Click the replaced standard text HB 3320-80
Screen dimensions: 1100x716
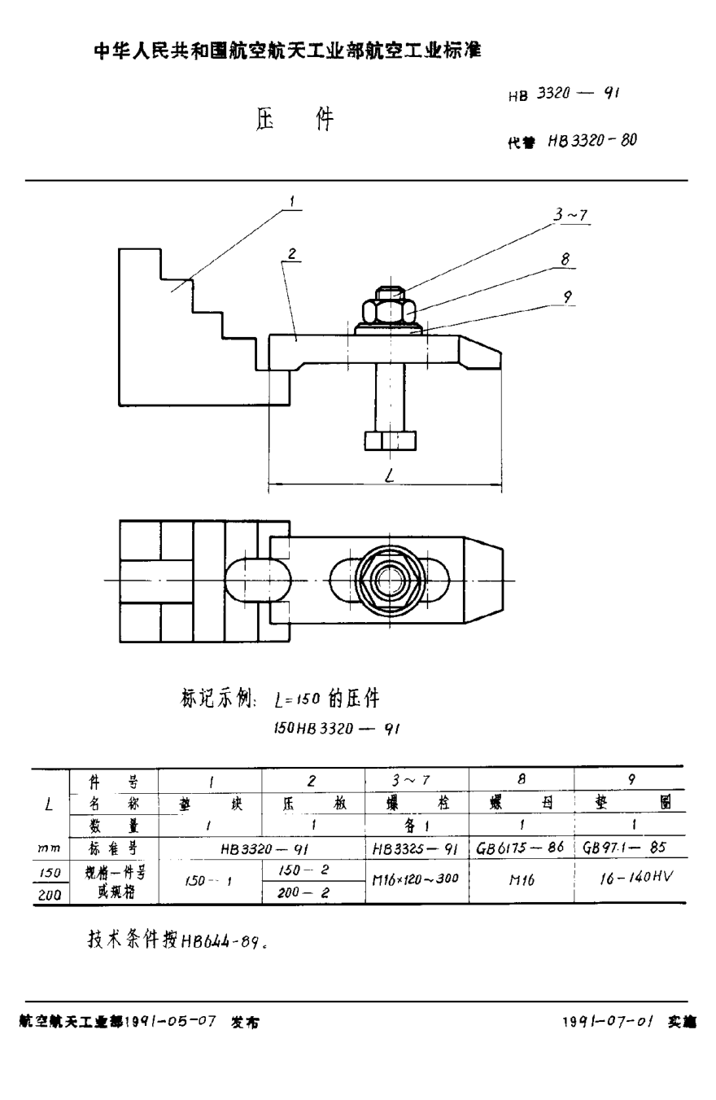pyautogui.click(x=592, y=140)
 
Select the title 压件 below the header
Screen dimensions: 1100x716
pyautogui.click(x=295, y=121)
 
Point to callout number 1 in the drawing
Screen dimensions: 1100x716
pyautogui.click(x=292, y=200)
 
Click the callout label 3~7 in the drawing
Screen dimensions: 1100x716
pyautogui.click(x=570, y=216)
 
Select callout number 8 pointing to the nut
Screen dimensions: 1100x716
pyautogui.click(x=564, y=260)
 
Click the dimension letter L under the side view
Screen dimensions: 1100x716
pyautogui.click(x=390, y=479)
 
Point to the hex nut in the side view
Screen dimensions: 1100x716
pyautogui.click(x=390, y=311)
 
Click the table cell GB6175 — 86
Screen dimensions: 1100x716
pyautogui.click(x=521, y=848)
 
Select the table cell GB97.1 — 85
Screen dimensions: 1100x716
pyautogui.click(x=625, y=848)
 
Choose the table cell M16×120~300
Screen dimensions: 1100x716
pyautogui.click(x=415, y=880)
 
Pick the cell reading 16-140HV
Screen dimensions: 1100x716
pyautogui.click(x=629, y=880)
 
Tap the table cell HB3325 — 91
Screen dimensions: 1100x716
pyautogui.click(x=415, y=848)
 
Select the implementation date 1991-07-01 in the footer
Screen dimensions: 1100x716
pyautogui.click(x=609, y=1021)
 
